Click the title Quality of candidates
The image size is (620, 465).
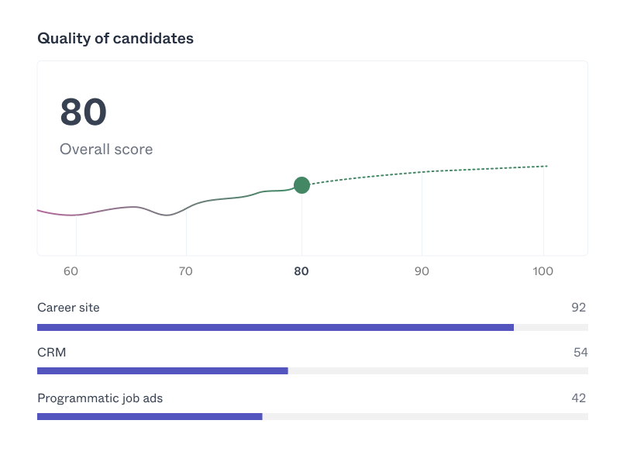(115, 38)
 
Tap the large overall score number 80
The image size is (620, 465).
(83, 112)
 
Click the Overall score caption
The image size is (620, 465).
(106, 149)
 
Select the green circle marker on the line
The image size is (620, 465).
(301, 184)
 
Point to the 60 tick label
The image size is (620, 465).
(71, 271)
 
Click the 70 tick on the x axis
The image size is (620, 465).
(186, 271)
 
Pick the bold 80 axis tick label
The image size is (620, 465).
(301, 271)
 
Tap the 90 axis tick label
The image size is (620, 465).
(421, 271)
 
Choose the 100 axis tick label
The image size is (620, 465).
(543, 271)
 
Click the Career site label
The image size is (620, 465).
(68, 308)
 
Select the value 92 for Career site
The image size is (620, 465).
(578, 308)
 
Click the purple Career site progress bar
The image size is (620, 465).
(275, 327)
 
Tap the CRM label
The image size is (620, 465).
(51, 353)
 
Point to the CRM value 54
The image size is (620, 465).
(580, 353)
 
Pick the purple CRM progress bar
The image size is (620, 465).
(163, 370)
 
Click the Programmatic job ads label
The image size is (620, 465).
(100, 398)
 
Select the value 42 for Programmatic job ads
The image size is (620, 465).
(578, 398)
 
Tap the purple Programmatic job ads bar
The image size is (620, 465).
(150, 416)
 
